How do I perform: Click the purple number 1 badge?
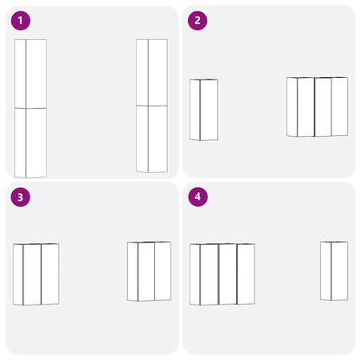21,21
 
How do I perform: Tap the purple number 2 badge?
197,21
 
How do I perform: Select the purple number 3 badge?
21,197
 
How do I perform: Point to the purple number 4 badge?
197,197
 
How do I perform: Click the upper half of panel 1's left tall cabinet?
30,74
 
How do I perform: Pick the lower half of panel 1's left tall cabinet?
30,143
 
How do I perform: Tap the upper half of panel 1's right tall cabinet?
151,73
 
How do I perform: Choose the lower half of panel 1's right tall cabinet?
151,139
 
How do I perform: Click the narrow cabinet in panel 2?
203,110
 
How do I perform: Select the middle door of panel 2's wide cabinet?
323,106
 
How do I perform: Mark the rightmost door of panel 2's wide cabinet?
339,106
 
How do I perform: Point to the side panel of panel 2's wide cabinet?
292,106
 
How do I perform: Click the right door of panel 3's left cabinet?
50,274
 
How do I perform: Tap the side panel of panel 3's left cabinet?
18,274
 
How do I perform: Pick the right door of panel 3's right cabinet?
163,272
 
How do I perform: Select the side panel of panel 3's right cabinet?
132,272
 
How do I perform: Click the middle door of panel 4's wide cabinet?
228,274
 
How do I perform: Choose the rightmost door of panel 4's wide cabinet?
246,274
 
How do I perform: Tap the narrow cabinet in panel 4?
334,271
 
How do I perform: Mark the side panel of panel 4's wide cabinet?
195,274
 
